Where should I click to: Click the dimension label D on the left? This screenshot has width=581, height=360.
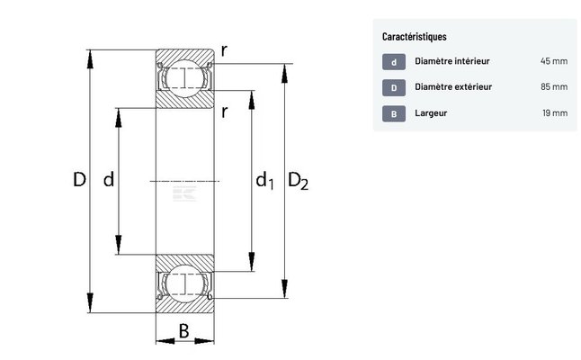[79, 180]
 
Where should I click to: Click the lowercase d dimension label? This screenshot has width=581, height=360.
[109, 180]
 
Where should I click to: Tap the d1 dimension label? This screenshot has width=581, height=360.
[264, 182]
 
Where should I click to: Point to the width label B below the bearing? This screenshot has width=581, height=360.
[183, 330]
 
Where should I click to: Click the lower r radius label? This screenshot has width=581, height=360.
[223, 112]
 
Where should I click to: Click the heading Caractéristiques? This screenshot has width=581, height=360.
[414, 37]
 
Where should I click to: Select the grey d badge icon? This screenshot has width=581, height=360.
[393, 62]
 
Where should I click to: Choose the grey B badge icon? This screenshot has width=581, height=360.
[393, 113]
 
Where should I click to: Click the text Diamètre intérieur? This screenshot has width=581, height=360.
[451, 62]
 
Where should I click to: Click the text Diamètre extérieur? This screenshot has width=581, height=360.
[453, 87]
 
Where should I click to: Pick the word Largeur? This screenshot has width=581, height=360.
[432, 113]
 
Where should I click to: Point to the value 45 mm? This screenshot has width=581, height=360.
[553, 62]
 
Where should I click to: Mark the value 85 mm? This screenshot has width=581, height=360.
[553, 87]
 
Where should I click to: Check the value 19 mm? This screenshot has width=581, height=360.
[554, 113]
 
